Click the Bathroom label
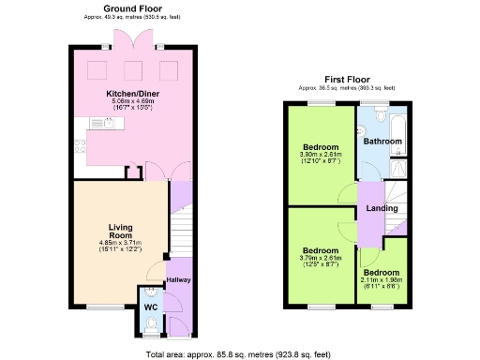(x=382, y=142)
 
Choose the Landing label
(x=382, y=208)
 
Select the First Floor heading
(x=349, y=79)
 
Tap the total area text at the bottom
(x=239, y=354)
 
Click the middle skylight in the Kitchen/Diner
(x=132, y=70)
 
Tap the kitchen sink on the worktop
(x=97, y=123)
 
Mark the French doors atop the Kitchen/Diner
(x=126, y=37)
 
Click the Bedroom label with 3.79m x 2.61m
(x=321, y=250)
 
